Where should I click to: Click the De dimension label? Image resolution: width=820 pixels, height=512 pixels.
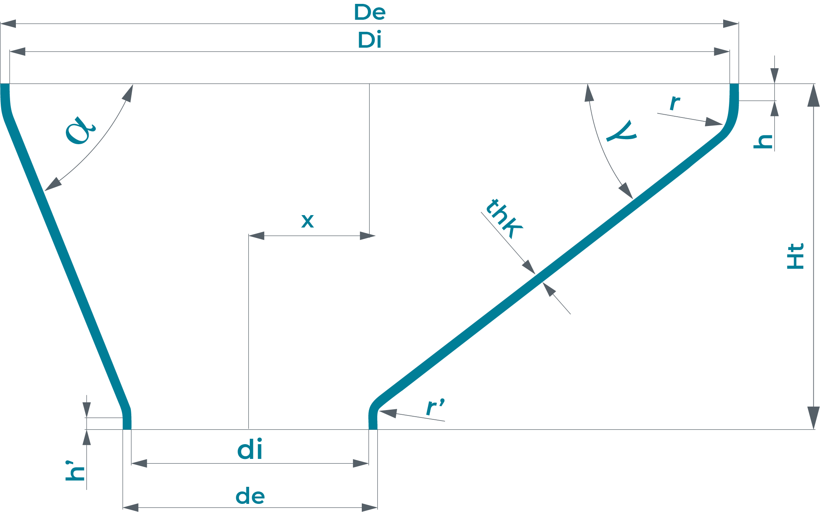[x=370, y=12]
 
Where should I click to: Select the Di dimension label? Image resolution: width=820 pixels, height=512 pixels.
[x=370, y=40]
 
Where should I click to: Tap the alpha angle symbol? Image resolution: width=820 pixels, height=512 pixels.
[x=80, y=131]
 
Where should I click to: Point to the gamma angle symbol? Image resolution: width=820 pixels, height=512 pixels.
[x=622, y=131]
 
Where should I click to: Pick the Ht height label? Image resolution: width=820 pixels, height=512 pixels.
[x=796, y=256]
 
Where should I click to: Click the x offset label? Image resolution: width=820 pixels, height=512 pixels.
[x=308, y=221]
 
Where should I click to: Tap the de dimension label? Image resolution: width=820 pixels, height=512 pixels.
[x=250, y=496]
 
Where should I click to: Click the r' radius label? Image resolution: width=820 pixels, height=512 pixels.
[x=435, y=407]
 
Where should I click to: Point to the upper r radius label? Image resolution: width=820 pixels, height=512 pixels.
[x=675, y=103]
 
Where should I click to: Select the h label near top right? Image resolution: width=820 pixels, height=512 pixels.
[x=763, y=141]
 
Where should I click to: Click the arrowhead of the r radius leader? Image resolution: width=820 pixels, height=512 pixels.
[x=714, y=122]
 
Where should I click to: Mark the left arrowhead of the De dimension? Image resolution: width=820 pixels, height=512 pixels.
[x=9, y=24]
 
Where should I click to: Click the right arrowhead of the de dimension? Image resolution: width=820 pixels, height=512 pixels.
[x=370, y=507]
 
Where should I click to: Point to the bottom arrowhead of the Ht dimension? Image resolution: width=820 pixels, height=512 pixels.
[x=813, y=419]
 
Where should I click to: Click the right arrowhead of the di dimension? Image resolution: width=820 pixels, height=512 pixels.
[x=361, y=463]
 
